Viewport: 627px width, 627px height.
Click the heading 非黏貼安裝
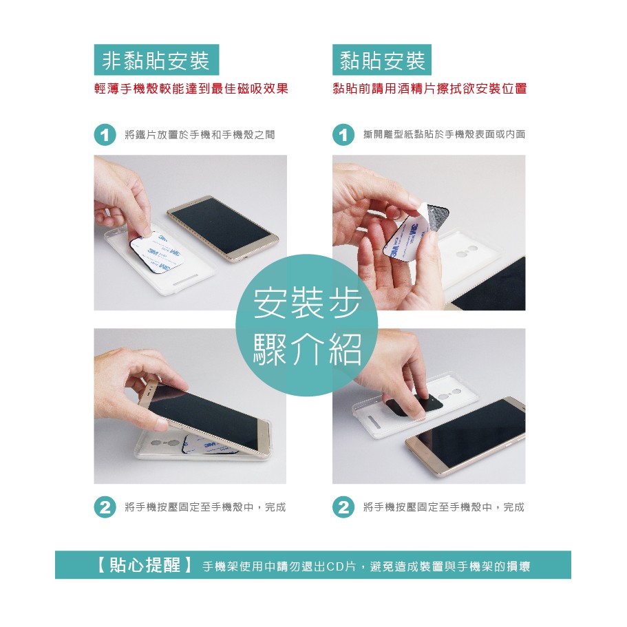tap(156, 61)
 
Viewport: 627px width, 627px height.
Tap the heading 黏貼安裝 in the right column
tap(382, 61)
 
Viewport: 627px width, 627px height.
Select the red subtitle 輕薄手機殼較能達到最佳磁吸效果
tap(191, 88)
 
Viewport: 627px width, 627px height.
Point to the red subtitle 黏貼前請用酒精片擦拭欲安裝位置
tap(429, 88)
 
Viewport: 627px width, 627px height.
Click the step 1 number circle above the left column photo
tap(105, 135)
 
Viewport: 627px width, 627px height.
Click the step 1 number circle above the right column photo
tap(343, 135)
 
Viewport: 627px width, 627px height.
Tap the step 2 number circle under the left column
tap(105, 507)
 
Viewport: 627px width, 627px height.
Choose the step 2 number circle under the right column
tap(343, 507)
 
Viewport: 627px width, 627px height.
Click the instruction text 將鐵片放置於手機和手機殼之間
tap(200, 135)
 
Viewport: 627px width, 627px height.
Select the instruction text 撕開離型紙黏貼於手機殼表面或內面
tap(444, 134)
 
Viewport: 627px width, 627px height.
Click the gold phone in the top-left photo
tap(223, 228)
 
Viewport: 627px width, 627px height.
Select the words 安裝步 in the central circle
tap(307, 303)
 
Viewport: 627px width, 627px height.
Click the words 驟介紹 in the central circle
tap(307, 349)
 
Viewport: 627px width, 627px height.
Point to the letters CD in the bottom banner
tap(335, 566)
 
